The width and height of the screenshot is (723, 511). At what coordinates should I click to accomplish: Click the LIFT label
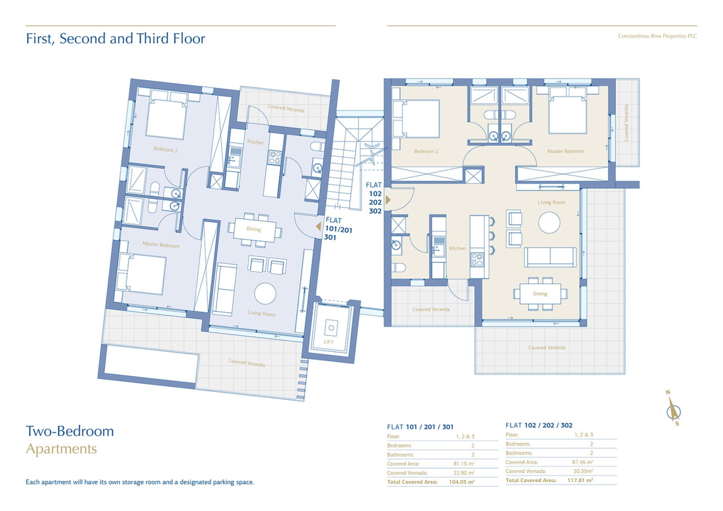click(x=329, y=342)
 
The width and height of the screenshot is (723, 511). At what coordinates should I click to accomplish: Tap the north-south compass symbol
click(x=673, y=408)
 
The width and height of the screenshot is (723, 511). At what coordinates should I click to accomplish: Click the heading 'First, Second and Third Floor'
click(x=115, y=39)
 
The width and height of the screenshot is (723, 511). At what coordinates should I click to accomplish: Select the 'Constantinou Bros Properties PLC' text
click(x=657, y=36)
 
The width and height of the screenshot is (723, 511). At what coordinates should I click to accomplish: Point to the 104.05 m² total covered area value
click(x=462, y=482)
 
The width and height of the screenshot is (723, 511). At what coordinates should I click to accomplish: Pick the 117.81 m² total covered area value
click(x=580, y=480)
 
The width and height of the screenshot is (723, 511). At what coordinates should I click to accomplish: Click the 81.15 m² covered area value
click(x=464, y=464)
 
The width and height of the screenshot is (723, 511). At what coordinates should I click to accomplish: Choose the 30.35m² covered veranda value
click(x=583, y=471)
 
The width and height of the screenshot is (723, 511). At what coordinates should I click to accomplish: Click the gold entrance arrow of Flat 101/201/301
click(x=318, y=227)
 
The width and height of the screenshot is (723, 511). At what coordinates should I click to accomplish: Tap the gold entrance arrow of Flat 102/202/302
click(x=388, y=199)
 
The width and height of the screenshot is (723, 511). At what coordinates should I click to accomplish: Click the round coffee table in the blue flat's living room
click(x=265, y=293)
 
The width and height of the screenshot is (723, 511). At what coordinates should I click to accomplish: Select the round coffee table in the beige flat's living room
click(x=549, y=223)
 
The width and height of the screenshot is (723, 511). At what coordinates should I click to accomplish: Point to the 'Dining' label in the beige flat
click(x=540, y=294)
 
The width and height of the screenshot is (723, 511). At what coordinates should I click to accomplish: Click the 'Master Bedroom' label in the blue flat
click(x=161, y=245)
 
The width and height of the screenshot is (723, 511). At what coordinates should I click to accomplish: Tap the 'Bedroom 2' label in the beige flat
click(x=426, y=151)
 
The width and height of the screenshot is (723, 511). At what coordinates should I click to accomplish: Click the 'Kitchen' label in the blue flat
click(x=255, y=142)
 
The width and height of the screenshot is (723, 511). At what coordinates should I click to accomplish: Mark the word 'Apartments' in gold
click(x=61, y=449)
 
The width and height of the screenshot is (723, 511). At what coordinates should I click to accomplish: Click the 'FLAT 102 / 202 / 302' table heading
click(x=539, y=425)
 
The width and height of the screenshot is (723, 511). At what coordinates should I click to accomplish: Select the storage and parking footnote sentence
click(x=140, y=482)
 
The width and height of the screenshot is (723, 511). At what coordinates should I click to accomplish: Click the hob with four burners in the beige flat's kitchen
click(x=477, y=260)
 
